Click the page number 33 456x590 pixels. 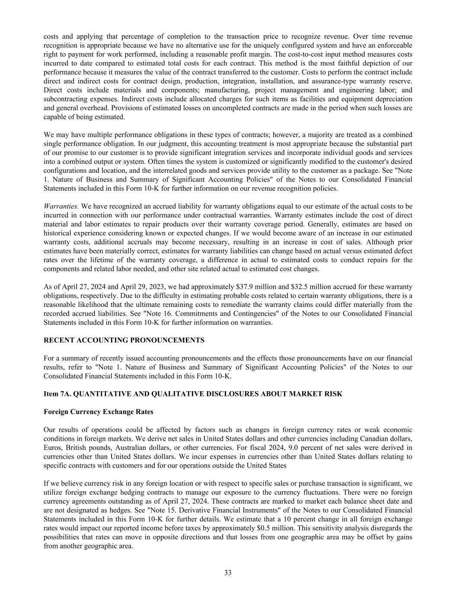[228, 573]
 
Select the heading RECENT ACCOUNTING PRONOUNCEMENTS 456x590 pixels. [124, 340]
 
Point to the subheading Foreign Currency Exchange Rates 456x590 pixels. [99, 411]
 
